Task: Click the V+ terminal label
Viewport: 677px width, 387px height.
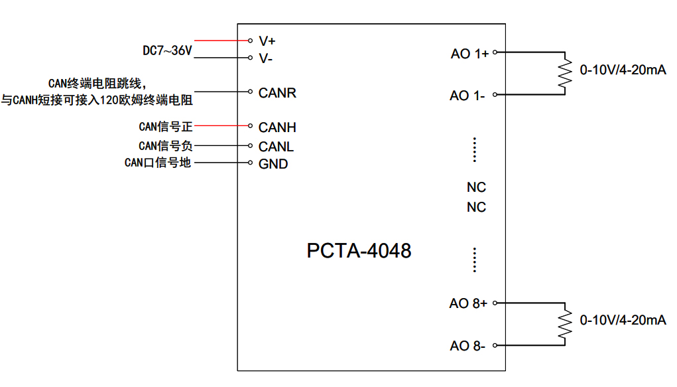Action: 267,40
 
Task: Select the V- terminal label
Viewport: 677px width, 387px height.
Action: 266,58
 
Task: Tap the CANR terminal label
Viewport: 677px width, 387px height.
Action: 277,93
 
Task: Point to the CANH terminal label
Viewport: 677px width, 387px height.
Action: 277,127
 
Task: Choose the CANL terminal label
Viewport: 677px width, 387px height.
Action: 276,147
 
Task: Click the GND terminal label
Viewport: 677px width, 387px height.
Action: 273,164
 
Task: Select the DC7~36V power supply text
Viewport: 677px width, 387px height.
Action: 167,50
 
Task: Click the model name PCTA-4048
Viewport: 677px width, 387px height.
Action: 359,251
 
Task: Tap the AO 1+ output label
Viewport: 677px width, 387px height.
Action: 469,54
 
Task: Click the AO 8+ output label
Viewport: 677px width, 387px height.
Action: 468,303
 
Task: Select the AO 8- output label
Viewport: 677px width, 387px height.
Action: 467,346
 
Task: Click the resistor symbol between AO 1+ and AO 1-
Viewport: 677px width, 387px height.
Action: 565,73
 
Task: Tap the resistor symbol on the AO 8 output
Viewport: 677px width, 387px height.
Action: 565,323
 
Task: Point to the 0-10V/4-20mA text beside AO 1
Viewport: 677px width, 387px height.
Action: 623,70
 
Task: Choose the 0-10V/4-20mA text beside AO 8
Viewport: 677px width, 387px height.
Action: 623,321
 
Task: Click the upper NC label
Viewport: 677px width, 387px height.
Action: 476,187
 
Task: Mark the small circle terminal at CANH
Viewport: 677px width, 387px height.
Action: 250,125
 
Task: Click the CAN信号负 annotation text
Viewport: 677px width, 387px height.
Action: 165,145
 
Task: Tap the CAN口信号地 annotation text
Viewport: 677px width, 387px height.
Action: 158,163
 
